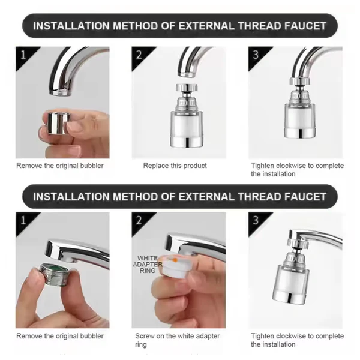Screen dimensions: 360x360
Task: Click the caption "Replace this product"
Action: click(175, 165)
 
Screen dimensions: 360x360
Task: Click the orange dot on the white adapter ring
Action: click(173, 261)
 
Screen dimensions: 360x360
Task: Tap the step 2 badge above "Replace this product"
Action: click(139, 55)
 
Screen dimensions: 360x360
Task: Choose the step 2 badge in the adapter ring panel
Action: click(139, 220)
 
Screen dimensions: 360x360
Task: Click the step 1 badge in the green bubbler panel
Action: click(22, 220)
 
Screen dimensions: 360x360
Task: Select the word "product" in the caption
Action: click(195, 165)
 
